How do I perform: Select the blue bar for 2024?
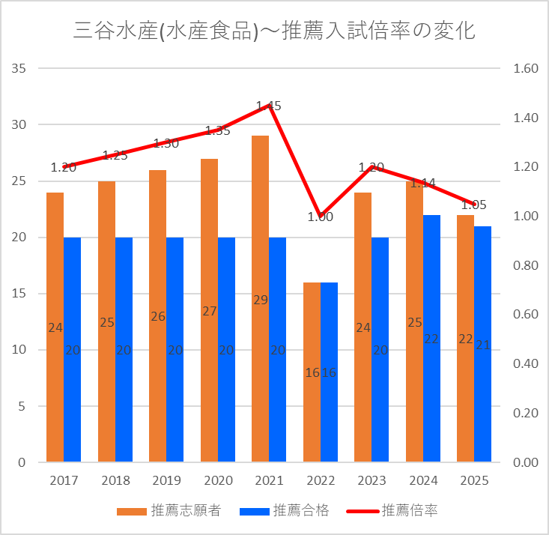tap(431, 338)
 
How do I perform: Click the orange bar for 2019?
tap(157, 315)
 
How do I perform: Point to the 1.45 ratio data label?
tap(268, 106)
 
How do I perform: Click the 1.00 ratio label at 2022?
tap(320, 217)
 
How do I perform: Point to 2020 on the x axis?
tap(217, 480)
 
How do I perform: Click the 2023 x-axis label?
tap(371, 480)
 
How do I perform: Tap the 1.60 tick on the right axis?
tap(526, 69)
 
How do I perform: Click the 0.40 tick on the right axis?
tap(526, 364)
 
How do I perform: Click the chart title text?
tap(274, 31)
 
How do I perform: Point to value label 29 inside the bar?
tap(260, 300)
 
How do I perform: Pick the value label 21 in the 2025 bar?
tap(483, 345)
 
